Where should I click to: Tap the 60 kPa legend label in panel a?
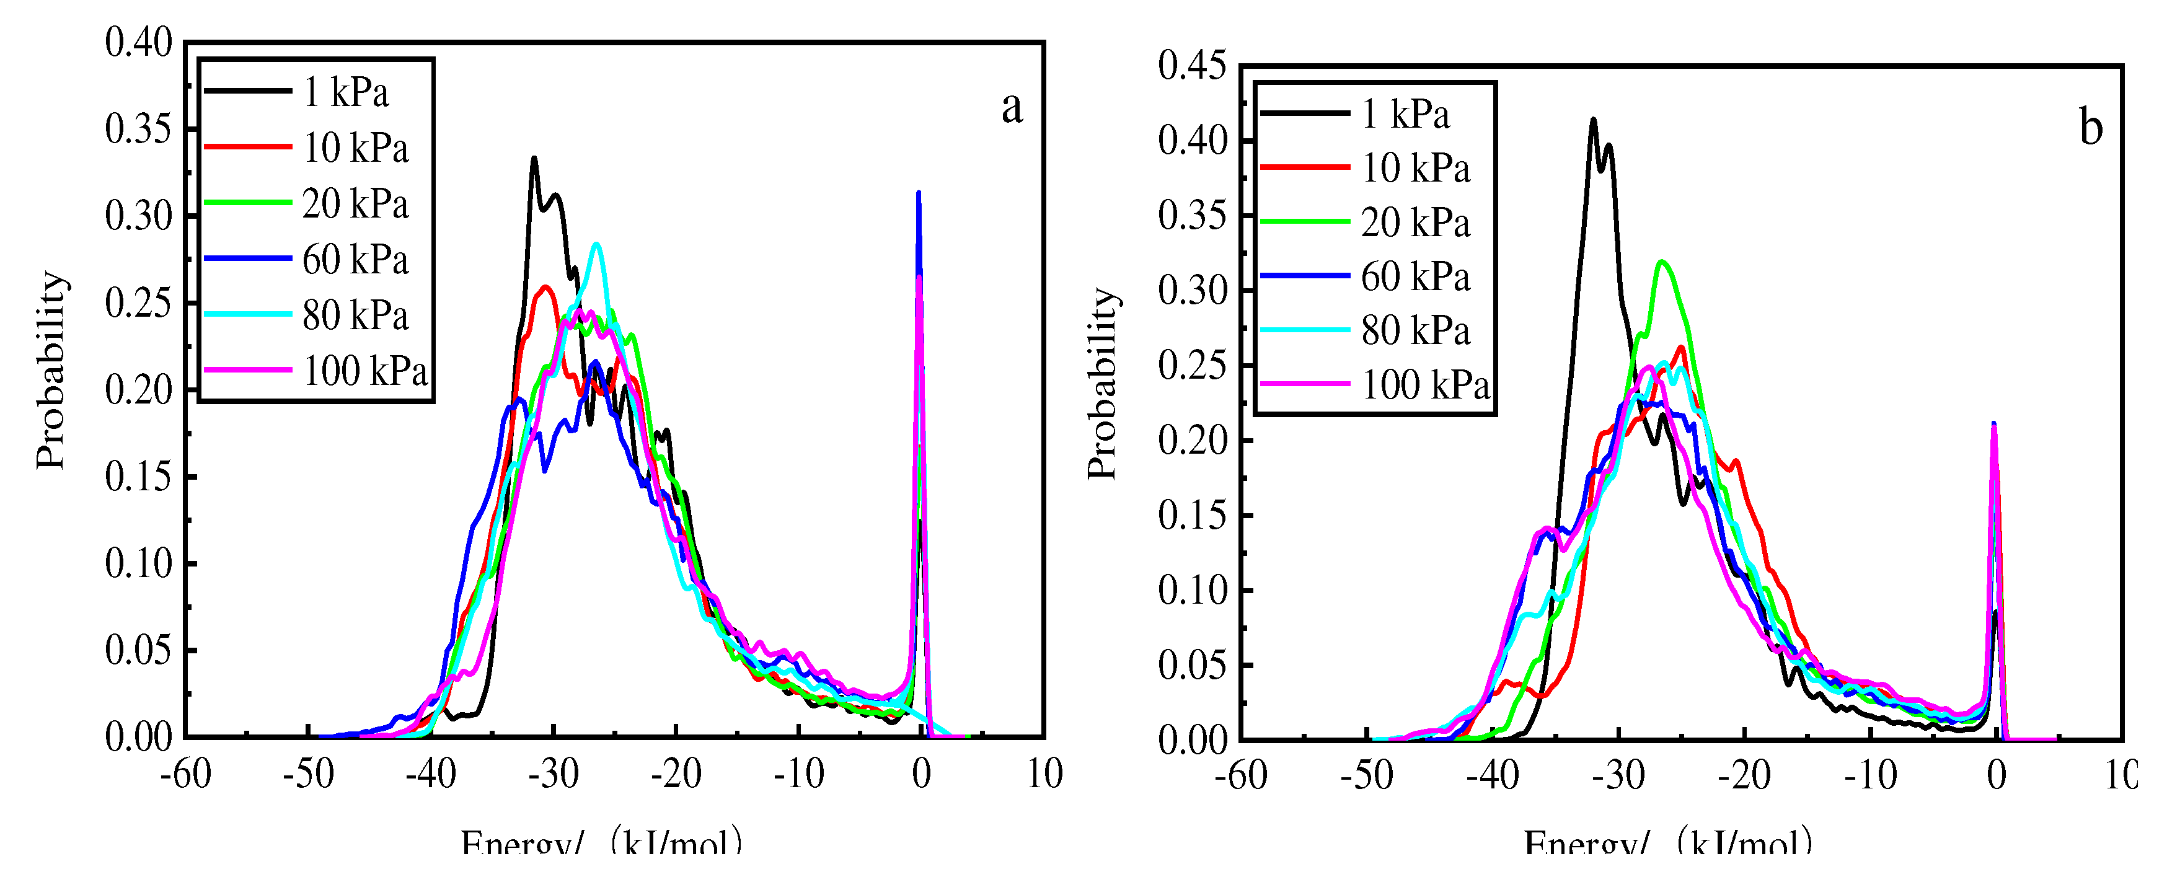[x=355, y=260]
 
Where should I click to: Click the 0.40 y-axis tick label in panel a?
[x=138, y=43]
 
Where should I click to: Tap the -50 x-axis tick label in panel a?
[x=309, y=774]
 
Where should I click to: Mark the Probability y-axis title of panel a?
[x=50, y=370]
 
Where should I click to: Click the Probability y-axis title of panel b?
[x=1102, y=384]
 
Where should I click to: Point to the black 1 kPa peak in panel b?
[x=1593, y=120]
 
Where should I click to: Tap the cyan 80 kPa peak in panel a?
[x=596, y=245]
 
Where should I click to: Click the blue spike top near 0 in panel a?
[x=919, y=193]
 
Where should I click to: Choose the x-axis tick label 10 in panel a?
[x=1044, y=774]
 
